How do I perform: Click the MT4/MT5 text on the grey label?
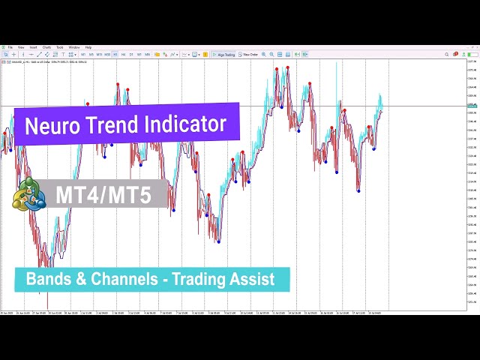pos(103,195)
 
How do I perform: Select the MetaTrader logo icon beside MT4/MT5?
pos(28,195)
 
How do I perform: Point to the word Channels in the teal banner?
pos(128,280)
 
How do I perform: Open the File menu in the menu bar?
pos(10,47)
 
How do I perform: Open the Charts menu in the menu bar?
pos(46,47)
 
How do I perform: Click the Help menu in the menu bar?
pos(88,47)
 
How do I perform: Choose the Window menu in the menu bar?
pos(74,47)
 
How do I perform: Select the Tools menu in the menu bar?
pos(60,47)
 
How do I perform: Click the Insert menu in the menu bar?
pos(34,47)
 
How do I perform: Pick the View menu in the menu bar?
pos(21,47)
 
